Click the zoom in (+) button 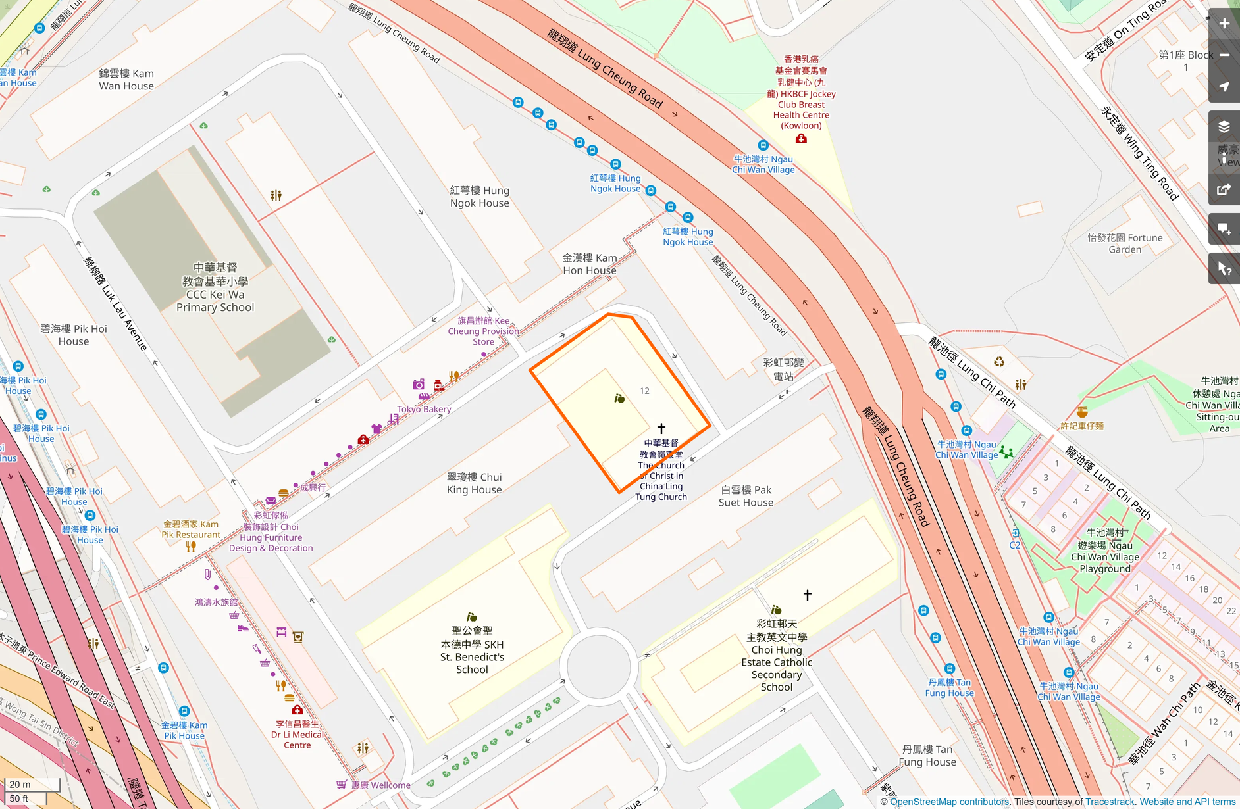click(x=1224, y=24)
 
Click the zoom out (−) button click(x=1224, y=55)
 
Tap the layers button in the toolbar click(x=1224, y=127)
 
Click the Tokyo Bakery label click(x=424, y=409)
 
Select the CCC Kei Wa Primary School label click(x=215, y=287)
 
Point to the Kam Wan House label click(x=126, y=80)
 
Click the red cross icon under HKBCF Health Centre click(x=801, y=139)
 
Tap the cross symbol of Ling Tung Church click(x=661, y=429)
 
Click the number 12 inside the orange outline click(x=644, y=391)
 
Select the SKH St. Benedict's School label click(x=472, y=650)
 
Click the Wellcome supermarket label click(x=380, y=785)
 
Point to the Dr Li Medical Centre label click(x=297, y=735)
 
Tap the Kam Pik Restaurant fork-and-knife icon click(x=191, y=546)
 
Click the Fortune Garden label click(x=1125, y=243)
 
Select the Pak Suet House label click(x=746, y=496)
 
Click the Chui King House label click(x=474, y=483)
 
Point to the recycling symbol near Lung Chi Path click(x=999, y=362)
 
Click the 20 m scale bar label click(x=20, y=784)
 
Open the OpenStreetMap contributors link click(x=949, y=802)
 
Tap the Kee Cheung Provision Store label click(x=483, y=331)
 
